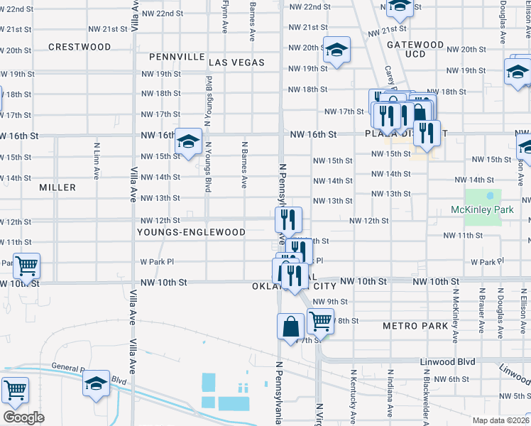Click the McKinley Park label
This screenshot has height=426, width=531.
pos(482,210)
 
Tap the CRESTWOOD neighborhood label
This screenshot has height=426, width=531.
pos(80,47)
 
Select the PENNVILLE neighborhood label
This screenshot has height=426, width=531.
pos(177,57)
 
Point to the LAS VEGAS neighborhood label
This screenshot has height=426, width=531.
pos(236,62)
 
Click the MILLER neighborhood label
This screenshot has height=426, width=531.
pos(58,187)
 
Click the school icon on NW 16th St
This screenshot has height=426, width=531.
pos(189,141)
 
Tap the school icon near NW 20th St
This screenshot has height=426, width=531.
pos(336,50)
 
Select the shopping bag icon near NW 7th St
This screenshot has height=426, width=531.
pos(291,327)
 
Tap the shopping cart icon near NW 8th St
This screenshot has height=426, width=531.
pos(320,321)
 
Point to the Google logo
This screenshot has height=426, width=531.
pos(23,417)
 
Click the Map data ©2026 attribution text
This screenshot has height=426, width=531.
pos(498,420)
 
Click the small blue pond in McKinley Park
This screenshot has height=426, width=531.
pos(490,195)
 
